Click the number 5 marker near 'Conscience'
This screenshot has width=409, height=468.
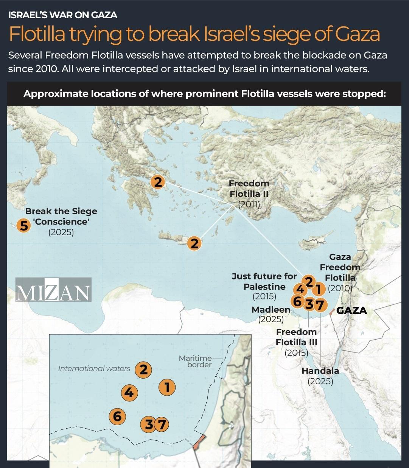pyautogui.click(x=23, y=226)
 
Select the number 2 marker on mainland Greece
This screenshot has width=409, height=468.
pyautogui.click(x=158, y=182)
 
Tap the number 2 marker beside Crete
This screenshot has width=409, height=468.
pyautogui.click(x=194, y=243)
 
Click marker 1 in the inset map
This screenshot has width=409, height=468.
pyautogui.click(x=167, y=387)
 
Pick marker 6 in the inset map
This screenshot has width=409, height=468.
pyautogui.click(x=117, y=417)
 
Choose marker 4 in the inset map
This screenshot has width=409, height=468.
pyautogui.click(x=129, y=392)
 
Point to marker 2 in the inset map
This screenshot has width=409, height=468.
pyautogui.click(x=143, y=370)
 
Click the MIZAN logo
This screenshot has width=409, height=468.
pyautogui.click(x=53, y=290)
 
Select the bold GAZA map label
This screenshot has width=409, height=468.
pyautogui.click(x=351, y=311)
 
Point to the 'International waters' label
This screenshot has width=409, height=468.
pyautogui.click(x=94, y=368)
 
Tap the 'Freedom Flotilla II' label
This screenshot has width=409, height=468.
pyautogui.click(x=249, y=189)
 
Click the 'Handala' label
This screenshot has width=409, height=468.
pyautogui.click(x=320, y=371)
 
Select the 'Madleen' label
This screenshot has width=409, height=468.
pyautogui.click(x=271, y=310)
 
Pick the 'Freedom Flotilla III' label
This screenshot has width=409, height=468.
pyautogui.click(x=296, y=337)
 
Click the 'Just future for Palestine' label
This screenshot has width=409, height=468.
pyautogui.click(x=264, y=281)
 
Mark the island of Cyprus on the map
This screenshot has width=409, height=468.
pyautogui.click(x=313, y=243)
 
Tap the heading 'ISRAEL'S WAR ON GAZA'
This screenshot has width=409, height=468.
pyautogui.click(x=63, y=15)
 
